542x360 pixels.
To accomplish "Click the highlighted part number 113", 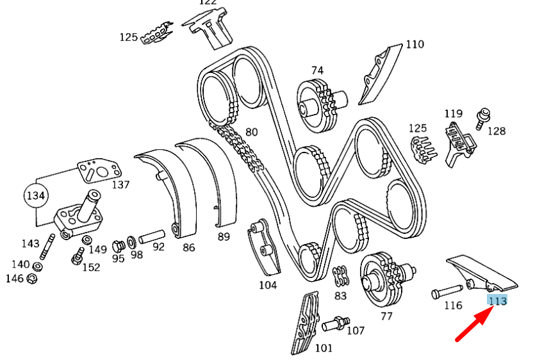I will (x=497, y=301).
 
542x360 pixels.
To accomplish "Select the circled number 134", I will (x=36, y=196).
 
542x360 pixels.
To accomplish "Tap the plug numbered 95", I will (x=117, y=246).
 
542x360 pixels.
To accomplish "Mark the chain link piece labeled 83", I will (x=340, y=277).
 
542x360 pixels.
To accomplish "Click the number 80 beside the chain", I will (x=252, y=133).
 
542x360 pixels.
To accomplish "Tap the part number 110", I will (x=415, y=45).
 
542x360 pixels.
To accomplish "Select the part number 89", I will (x=224, y=236).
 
